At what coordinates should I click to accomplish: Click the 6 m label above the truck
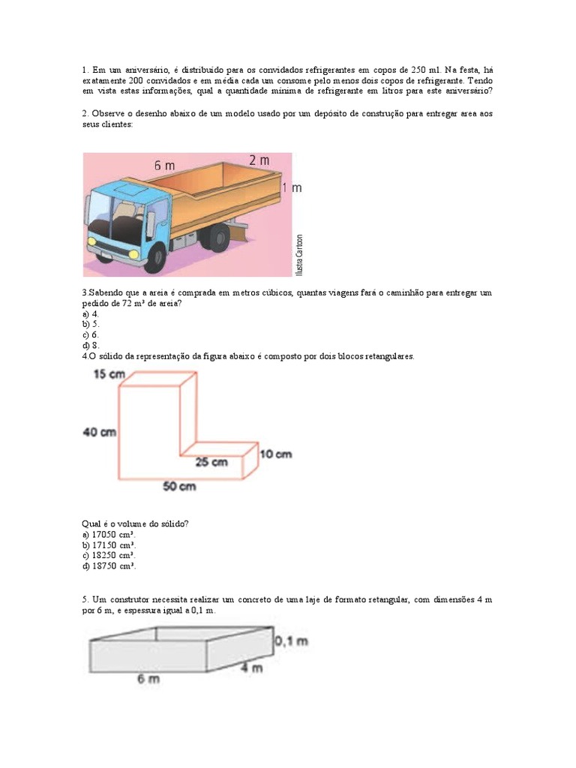click(x=165, y=166)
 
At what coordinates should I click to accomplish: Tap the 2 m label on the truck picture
click(x=259, y=160)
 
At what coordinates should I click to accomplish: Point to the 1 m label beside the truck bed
click(x=292, y=187)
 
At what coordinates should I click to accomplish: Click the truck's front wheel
click(x=155, y=257)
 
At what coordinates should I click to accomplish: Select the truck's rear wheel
click(x=218, y=238)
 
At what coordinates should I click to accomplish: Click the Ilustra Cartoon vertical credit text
click(x=300, y=253)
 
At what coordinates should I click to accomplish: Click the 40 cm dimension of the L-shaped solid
click(x=100, y=432)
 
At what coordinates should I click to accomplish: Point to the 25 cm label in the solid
click(x=211, y=463)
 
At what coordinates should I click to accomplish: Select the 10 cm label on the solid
click(x=275, y=454)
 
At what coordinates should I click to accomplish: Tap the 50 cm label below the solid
click(x=179, y=487)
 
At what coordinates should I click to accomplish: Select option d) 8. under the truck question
click(x=90, y=345)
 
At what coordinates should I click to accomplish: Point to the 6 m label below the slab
click(x=148, y=679)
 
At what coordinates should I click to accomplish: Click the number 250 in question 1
click(x=419, y=70)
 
